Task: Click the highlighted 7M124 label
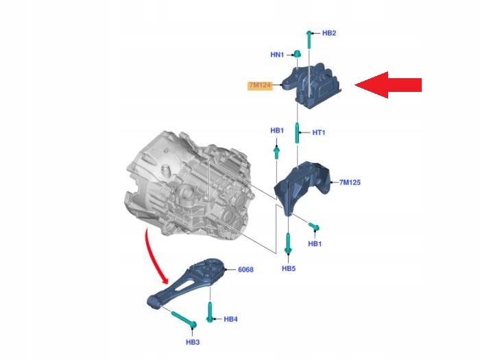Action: [261, 86]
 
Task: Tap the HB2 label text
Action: [329, 33]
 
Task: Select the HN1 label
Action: [277, 54]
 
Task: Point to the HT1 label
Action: [318, 133]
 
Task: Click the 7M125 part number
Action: [350, 182]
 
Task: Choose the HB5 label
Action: [288, 269]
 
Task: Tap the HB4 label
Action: [230, 319]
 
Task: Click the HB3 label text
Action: [192, 341]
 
